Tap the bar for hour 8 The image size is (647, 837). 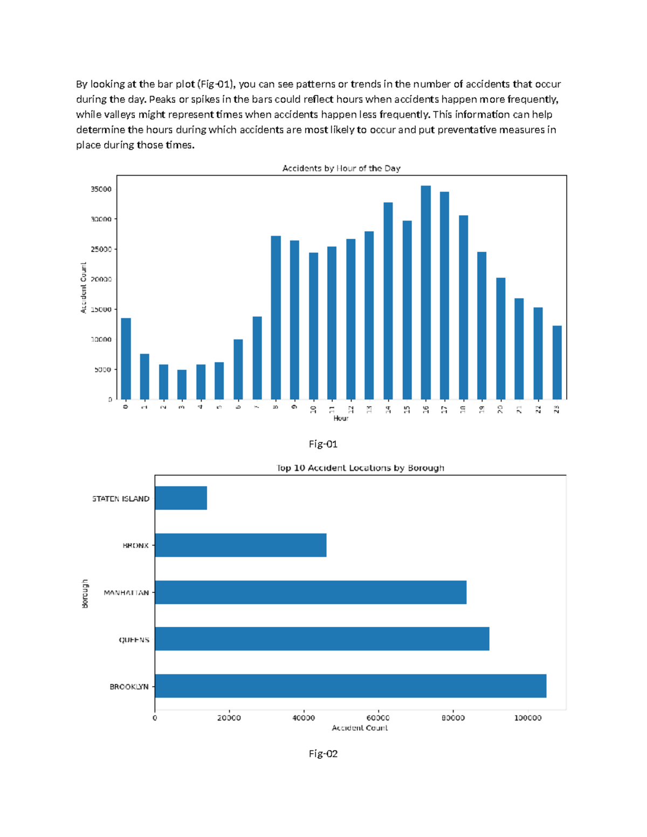tap(276, 317)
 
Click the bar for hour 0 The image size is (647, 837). tap(126, 358)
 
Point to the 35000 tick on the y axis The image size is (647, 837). tap(101, 189)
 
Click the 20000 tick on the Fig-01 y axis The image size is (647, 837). tap(101, 279)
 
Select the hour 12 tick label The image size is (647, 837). tap(351, 409)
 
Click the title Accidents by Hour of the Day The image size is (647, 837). tap(341, 168)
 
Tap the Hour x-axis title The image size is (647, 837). tap(341, 418)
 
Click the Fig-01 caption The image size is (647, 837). tap(323, 444)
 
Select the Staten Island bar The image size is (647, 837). tap(181, 498)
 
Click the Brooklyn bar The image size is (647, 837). tap(350, 686)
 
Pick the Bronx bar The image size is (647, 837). tap(240, 545)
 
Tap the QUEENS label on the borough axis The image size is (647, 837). tap(134, 640)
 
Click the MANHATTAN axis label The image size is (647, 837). tap(126, 592)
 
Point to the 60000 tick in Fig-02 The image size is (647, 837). tap(378, 718)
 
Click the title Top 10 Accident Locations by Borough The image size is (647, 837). tap(360, 468)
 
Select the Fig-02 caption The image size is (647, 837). tap(323, 753)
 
